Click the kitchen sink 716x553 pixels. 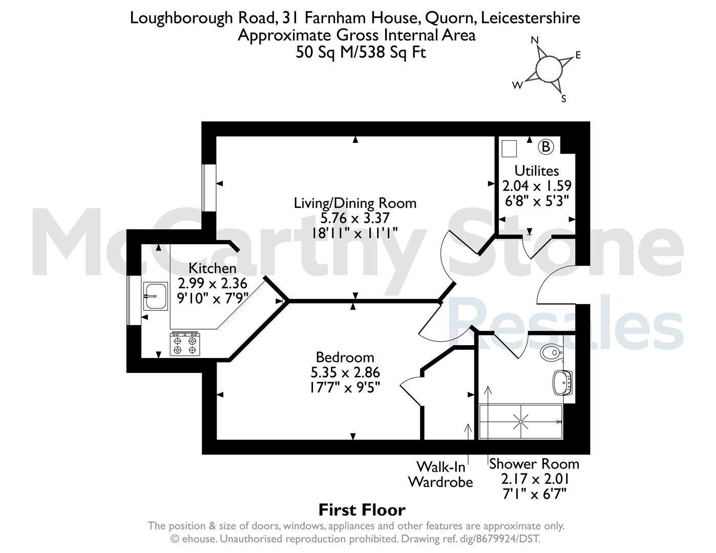tap(156, 296)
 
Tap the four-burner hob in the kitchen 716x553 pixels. tap(185, 345)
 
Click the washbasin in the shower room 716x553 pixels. tap(562, 382)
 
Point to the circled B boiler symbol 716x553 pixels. tap(545, 146)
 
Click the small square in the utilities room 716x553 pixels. tap(509, 148)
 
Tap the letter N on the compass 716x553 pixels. tap(535, 40)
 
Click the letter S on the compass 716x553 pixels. tap(564, 99)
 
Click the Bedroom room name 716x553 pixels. tap(345, 357)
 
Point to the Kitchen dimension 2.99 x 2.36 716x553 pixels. tap(212, 283)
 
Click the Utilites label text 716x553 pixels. tap(537, 171)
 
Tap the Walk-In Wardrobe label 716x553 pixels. tap(440, 475)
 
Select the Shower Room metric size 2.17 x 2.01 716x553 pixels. tap(535, 479)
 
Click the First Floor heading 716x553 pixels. tap(362, 510)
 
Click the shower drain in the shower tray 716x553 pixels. tap(520, 421)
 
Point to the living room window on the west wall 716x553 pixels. tap(208, 188)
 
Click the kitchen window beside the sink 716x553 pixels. tap(134, 301)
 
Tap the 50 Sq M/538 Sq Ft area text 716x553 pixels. tap(361, 52)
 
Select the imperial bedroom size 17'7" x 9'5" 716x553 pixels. tap(345, 387)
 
